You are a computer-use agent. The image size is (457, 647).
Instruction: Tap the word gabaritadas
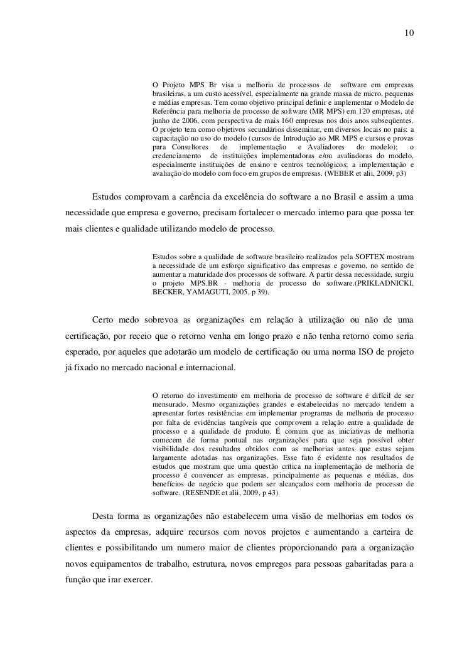click(358, 564)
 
